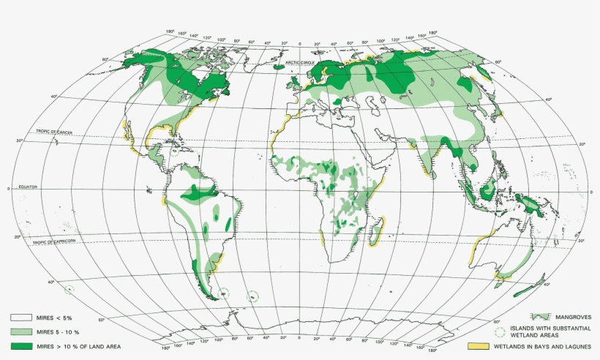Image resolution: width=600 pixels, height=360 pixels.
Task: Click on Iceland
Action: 280,66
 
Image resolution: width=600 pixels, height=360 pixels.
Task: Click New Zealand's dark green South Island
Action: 525,290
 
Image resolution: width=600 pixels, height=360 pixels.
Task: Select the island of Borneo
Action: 486,192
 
